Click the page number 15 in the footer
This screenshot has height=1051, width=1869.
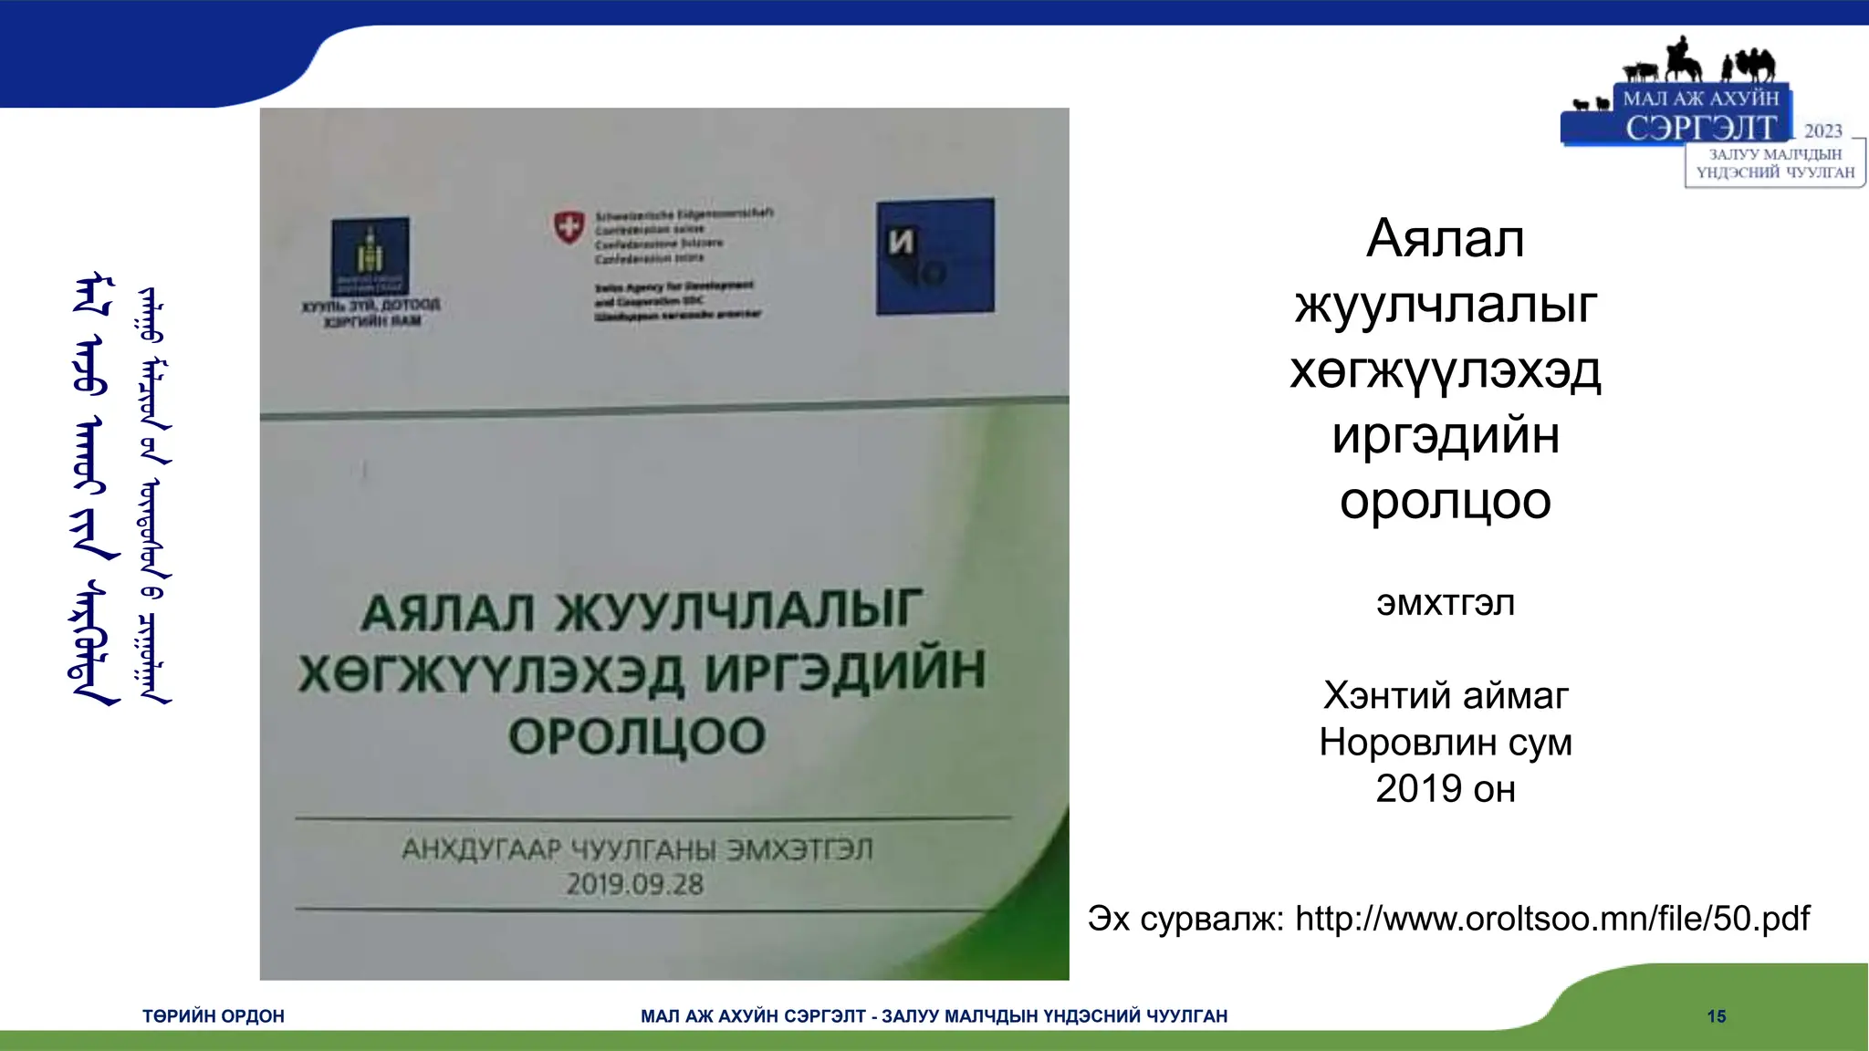click(1716, 1016)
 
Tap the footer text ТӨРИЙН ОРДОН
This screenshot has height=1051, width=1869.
click(213, 1016)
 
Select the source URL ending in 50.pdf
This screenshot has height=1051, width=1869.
click(1551, 919)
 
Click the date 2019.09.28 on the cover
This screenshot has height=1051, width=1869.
click(635, 884)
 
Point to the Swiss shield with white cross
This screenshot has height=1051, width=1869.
click(569, 225)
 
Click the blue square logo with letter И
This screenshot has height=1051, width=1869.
click(935, 256)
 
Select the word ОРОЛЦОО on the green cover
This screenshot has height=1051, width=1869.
click(637, 736)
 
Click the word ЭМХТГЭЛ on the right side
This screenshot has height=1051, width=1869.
click(1446, 604)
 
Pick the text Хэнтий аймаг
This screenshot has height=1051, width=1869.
click(1446, 696)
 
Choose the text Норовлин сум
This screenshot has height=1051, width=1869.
click(1446, 743)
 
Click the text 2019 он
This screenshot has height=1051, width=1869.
click(1446, 789)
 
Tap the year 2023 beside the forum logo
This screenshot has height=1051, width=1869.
click(1822, 131)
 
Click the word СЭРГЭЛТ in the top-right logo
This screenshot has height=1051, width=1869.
click(1701, 128)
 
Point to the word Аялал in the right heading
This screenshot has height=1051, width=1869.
click(1446, 239)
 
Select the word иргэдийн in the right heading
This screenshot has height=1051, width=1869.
click(1446, 436)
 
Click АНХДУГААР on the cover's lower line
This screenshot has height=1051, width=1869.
click(481, 849)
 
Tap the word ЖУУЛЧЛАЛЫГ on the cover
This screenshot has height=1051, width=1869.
click(739, 610)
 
